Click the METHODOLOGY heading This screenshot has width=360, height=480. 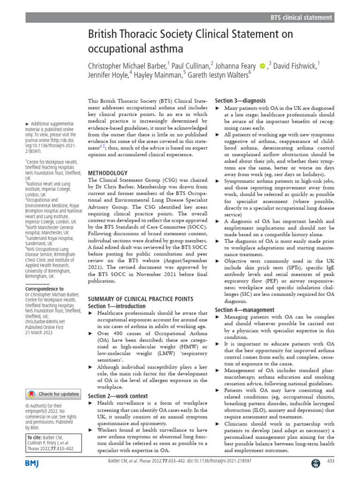tap(108, 173)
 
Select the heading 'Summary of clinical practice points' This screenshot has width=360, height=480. tap(140, 299)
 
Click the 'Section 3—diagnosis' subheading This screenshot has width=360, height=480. tap(240, 100)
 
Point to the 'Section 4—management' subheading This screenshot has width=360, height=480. tap(244, 310)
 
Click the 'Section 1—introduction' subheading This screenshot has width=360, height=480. tap(117, 306)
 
